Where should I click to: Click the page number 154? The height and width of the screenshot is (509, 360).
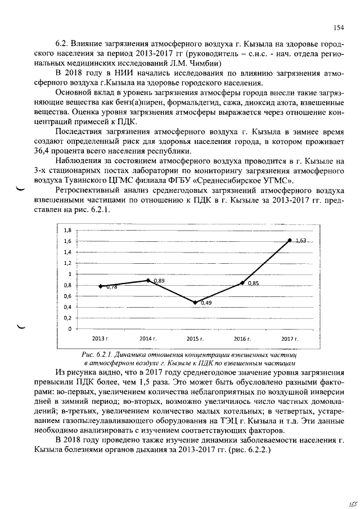(338, 28)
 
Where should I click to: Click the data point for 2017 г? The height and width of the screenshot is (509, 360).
(290, 240)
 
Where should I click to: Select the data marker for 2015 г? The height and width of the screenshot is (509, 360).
(195, 303)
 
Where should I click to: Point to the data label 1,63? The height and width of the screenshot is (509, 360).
(301, 240)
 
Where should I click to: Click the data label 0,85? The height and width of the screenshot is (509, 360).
(253, 283)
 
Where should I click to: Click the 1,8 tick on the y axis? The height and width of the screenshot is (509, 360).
(67, 230)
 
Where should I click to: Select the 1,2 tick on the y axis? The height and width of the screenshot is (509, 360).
(67, 263)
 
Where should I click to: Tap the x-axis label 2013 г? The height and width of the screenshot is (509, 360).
(100, 340)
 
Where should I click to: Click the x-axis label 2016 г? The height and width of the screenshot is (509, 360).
(242, 340)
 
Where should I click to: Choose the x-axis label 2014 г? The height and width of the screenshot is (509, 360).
(147, 340)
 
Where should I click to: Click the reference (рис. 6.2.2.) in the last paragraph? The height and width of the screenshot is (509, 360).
(248, 449)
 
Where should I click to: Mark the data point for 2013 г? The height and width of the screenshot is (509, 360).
(100, 286)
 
